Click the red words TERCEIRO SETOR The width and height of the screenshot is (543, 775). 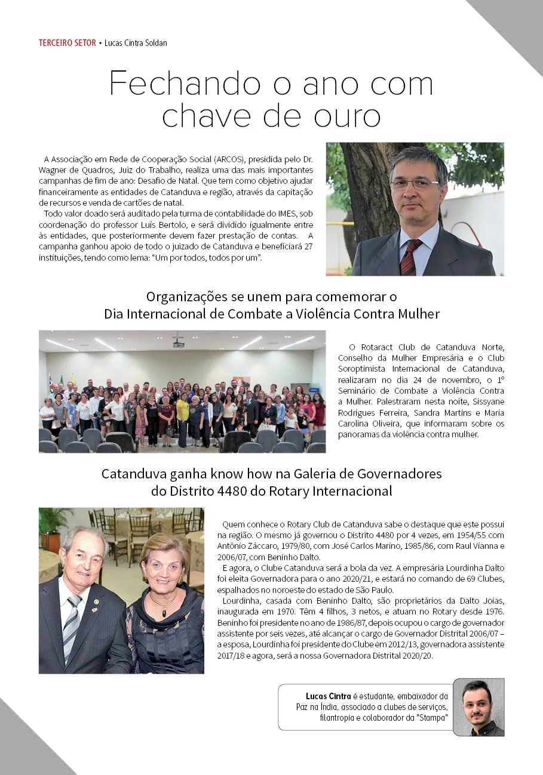pos(67,43)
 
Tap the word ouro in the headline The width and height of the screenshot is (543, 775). pos(346,116)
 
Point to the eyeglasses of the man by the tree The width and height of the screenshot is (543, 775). pos(415,184)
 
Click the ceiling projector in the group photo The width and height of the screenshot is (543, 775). pos(179,343)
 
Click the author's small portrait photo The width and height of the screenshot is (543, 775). pos(478,707)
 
